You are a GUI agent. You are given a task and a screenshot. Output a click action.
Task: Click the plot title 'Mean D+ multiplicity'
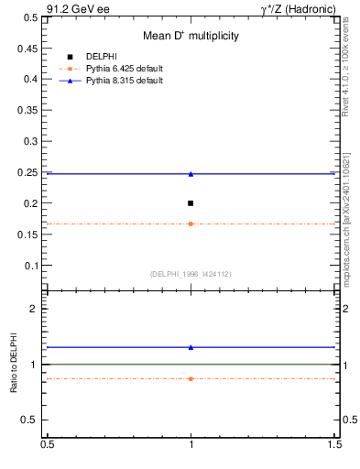coord(191,36)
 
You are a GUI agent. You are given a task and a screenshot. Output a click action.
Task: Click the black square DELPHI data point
coord(191,203)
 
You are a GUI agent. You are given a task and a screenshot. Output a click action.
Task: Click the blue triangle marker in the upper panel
coord(191,173)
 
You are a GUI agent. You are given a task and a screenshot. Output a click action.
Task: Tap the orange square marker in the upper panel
coord(191,224)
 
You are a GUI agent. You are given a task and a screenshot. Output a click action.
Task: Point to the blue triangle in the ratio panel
coord(191,347)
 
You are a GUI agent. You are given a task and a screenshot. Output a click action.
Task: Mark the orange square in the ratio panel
coord(191,378)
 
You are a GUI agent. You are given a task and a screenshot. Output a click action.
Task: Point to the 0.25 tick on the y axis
coord(30,173)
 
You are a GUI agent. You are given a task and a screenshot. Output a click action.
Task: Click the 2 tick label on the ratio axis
coord(38,309)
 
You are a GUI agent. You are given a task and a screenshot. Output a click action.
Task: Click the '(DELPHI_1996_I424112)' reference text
coord(191,274)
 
